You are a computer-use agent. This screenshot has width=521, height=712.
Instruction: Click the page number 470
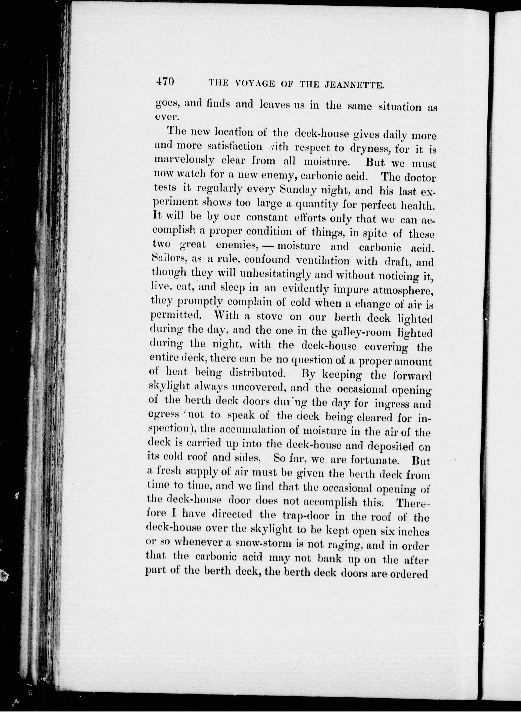tap(165, 82)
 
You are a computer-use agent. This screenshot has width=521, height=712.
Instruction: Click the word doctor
tap(420, 178)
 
